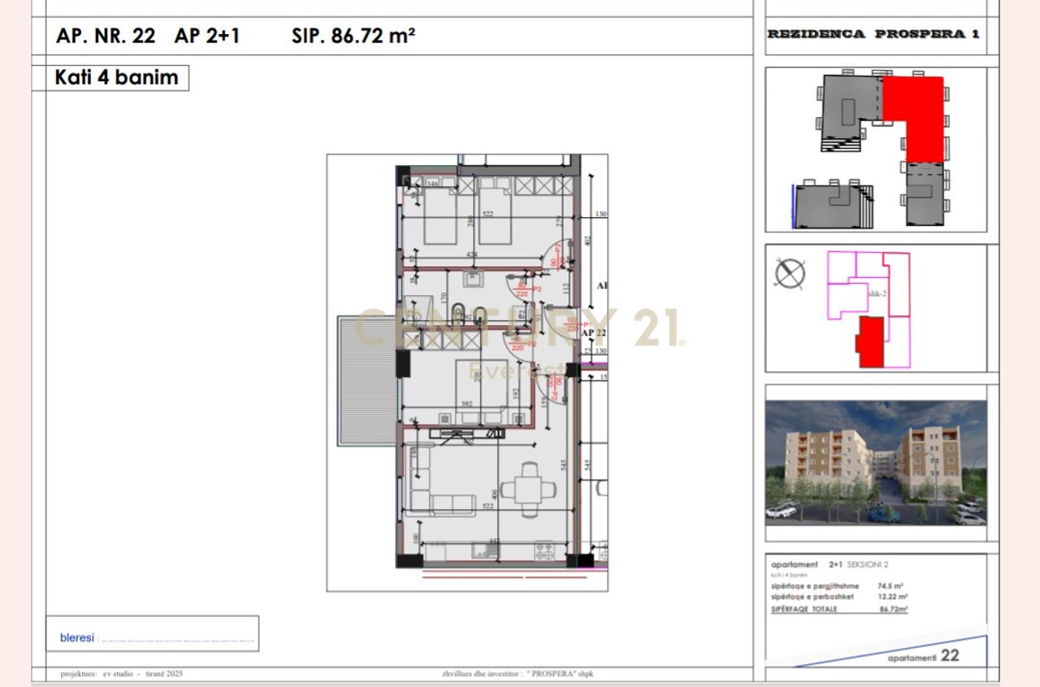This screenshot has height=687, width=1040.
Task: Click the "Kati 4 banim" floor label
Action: (x=116, y=78)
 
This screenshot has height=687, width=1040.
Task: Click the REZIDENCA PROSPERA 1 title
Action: (x=873, y=34)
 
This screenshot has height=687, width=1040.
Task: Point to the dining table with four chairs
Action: (x=529, y=489)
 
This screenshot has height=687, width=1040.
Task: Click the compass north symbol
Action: (x=790, y=273)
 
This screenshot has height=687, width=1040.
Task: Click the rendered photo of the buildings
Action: (x=876, y=463)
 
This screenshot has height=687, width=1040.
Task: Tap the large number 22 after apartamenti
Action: (x=950, y=655)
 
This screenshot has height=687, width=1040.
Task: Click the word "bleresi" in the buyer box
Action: (x=77, y=638)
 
